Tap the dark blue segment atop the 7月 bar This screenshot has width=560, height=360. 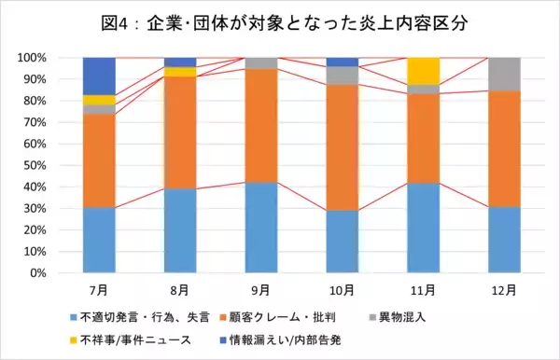coord(99,76)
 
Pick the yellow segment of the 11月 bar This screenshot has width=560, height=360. coord(424,70)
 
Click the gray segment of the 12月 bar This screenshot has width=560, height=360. coord(505,74)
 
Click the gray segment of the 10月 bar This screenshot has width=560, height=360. coord(343,76)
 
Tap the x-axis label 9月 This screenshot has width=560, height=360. coord(261,289)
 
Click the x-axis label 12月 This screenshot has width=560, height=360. coord(505,289)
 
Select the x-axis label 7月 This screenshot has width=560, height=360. coord(99,289)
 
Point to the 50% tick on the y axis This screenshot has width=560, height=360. coord(34,165)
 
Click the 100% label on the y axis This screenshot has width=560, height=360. coord(31,57)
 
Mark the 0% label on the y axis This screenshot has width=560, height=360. coord(36,273)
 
